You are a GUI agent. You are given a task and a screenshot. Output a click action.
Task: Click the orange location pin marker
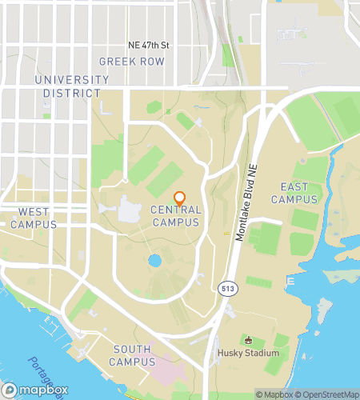pos(180,198)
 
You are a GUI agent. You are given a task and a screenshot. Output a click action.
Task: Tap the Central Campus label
pos(175,216)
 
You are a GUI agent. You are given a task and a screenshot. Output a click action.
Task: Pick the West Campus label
pos(33,218)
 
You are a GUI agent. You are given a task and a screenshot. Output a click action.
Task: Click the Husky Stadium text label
pos(248,353)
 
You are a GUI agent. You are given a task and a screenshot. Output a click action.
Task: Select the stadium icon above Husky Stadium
pos(247,339)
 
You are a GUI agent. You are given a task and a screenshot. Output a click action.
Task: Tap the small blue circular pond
pos(154,260)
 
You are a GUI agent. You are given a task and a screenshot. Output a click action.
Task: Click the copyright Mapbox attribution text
pos(274,394)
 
